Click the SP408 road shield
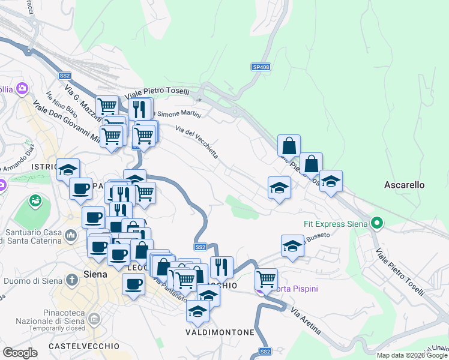261,67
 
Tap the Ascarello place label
405,185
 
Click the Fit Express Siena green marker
376,224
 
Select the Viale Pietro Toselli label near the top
157,93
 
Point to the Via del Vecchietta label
197,142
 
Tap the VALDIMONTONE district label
220,332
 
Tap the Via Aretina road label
306,321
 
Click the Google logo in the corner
20,353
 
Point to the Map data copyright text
412,355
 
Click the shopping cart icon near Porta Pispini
266,279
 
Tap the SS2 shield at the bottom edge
265,351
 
